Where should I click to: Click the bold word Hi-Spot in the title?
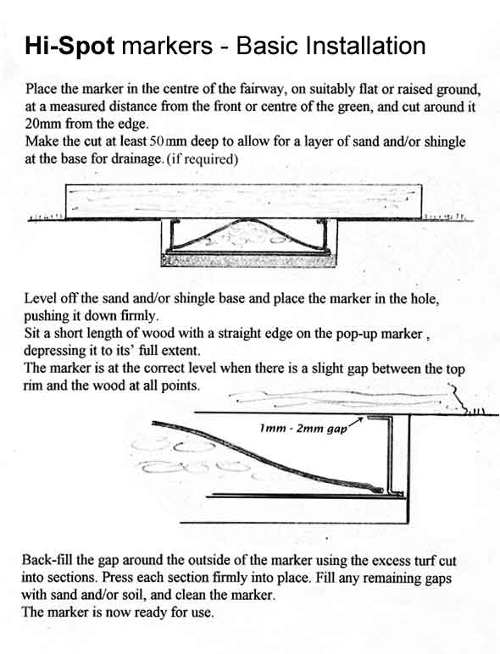click(69, 47)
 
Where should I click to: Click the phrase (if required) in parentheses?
click(202, 159)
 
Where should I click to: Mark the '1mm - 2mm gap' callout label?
click(303, 429)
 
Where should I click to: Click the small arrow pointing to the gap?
click(355, 421)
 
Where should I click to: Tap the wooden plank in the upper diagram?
click(244, 201)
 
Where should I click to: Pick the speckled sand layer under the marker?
click(248, 260)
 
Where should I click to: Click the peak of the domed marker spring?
click(247, 219)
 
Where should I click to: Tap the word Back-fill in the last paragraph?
click(48, 560)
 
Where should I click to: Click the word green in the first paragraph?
click(354, 108)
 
